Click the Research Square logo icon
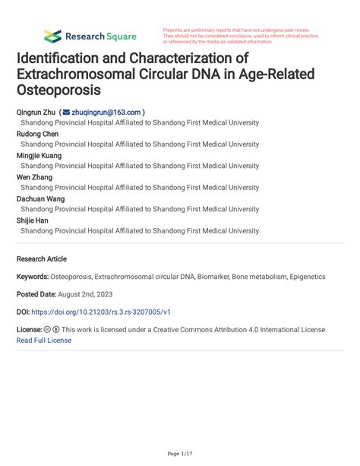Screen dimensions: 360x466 click(x=52, y=36)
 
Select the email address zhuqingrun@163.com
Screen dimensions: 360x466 click(x=106, y=112)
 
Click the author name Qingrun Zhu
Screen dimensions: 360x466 click(x=36, y=112)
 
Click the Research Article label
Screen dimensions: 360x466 click(x=42, y=258)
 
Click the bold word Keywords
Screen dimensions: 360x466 click(x=32, y=277)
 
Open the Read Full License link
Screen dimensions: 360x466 click(x=44, y=341)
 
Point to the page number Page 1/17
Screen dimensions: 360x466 click(x=180, y=454)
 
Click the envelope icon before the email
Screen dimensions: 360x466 click(x=65, y=112)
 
